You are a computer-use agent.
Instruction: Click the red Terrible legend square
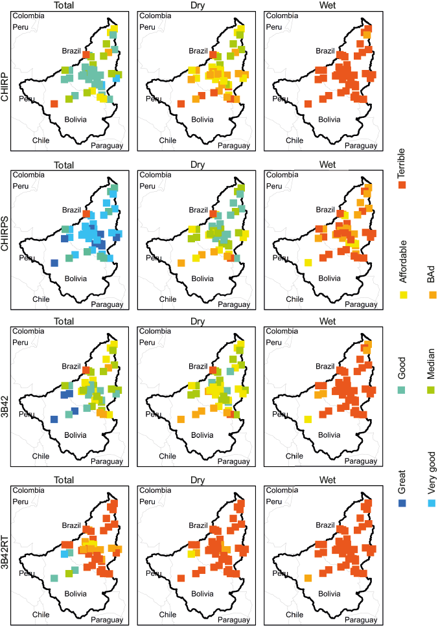coord(402,185)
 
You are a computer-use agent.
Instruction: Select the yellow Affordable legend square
coord(402,295)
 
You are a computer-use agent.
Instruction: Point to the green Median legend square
coord(431,389)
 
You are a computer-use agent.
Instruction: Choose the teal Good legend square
coord(402,389)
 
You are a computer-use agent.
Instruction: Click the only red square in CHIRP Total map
coord(54,104)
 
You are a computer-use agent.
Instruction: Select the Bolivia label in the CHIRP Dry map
coord(202,119)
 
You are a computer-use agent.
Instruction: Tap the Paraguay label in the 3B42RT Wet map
coord(360,619)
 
